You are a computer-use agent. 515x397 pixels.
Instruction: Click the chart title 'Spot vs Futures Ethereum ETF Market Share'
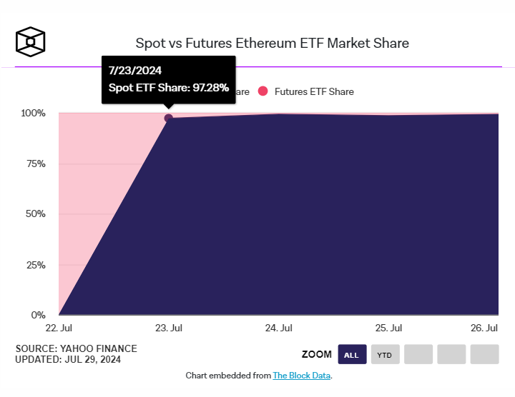(273, 43)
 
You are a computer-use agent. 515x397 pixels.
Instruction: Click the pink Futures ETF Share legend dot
(263, 91)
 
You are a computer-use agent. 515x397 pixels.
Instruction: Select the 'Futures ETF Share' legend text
(314, 91)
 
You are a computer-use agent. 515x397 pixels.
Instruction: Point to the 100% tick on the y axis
(33, 113)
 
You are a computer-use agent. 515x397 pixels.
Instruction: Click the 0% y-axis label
(37, 315)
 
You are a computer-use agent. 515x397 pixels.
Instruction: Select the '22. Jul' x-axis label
(59, 328)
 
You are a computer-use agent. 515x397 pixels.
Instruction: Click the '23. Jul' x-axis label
(168, 328)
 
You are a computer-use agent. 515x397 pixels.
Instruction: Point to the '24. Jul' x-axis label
(278, 328)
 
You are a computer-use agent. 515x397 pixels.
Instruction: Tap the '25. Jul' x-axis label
(388, 328)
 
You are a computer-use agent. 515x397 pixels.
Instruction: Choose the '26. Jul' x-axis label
(484, 328)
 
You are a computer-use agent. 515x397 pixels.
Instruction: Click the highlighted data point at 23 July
(169, 118)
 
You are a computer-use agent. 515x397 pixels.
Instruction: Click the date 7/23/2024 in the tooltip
(135, 71)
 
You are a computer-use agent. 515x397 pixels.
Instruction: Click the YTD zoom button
(385, 354)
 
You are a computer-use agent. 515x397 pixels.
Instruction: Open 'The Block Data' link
(302, 376)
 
